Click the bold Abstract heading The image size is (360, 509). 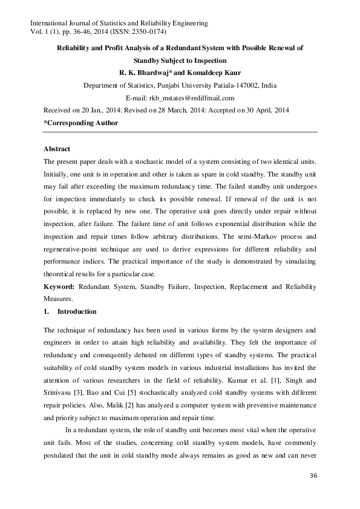(57, 149)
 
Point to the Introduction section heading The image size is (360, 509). (76, 311)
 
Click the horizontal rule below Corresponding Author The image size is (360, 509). (180, 131)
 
